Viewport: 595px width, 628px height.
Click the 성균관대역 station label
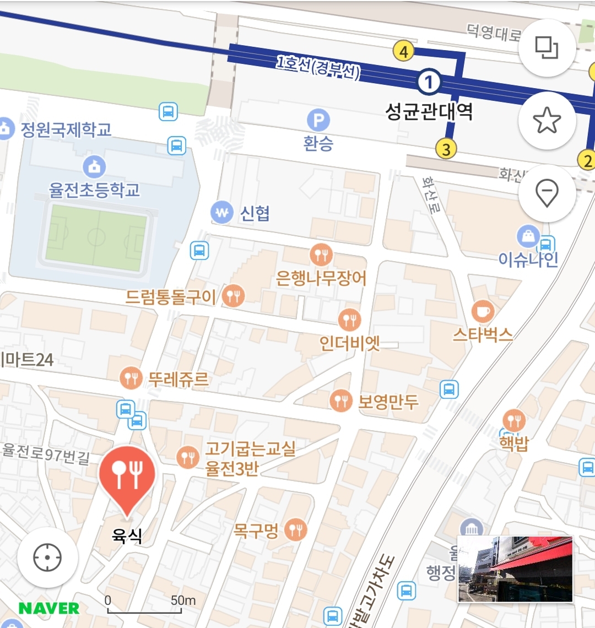point(429,112)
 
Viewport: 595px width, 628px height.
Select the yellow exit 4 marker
point(404,52)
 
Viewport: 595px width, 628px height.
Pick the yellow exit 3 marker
point(446,149)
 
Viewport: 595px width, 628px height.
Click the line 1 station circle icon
point(429,83)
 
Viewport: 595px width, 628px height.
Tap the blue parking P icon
point(318,120)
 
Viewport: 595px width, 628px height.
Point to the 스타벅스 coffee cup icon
point(483,311)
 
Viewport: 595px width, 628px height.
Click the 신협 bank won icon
point(222,213)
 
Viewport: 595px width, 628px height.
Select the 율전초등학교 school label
point(94,190)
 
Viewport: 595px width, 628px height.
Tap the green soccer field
point(96,237)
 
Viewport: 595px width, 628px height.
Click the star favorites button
point(547,121)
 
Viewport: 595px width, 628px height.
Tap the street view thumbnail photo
point(515,569)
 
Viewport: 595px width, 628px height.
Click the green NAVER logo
point(49,608)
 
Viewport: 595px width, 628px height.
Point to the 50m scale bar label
point(183,600)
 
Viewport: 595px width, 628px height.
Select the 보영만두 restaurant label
point(388,402)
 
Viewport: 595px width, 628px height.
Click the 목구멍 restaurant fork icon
point(296,530)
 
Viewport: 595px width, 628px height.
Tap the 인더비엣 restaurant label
point(350,343)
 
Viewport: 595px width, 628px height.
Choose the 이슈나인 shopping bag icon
point(528,237)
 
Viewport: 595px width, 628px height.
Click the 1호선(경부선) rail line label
point(318,68)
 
